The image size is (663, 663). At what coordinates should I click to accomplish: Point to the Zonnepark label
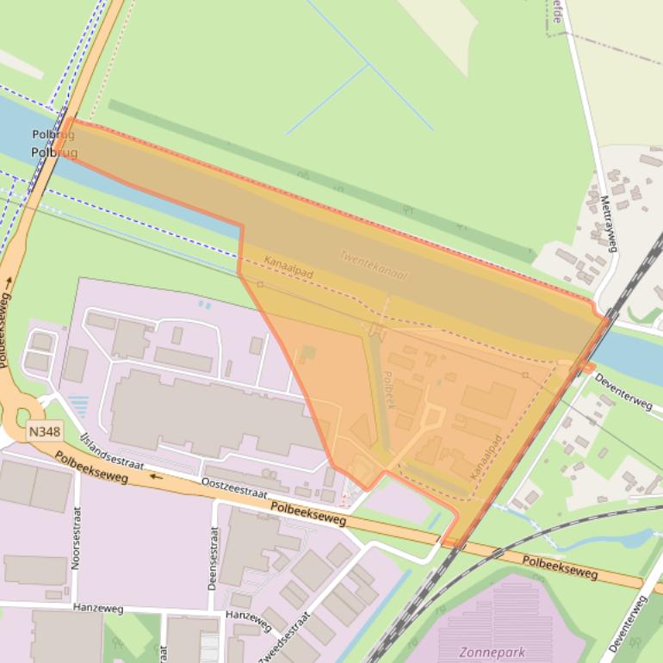[492, 652]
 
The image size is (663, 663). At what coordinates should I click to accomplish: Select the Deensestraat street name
[214, 556]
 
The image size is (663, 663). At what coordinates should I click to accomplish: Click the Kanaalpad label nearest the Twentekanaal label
[288, 267]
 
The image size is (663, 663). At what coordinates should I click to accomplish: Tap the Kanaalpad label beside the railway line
[486, 457]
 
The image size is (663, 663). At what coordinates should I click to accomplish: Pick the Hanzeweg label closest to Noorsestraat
[97, 610]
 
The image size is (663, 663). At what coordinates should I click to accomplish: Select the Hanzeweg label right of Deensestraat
[248, 615]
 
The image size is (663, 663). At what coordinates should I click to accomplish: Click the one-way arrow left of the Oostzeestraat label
[156, 474]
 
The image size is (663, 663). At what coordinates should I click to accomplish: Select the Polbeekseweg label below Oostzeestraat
[308, 514]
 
